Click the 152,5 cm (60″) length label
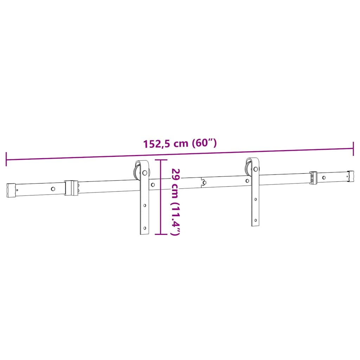coord(180,143)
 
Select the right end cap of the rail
coord(351,176)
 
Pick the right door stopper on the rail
coord(313,177)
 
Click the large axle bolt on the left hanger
coord(144,173)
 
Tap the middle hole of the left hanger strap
coord(144,205)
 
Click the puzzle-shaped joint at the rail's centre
coord(203,182)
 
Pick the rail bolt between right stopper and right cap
coord(324,178)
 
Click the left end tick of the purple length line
coord(6,159)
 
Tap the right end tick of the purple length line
coord(353,149)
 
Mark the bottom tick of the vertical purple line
coord(161,234)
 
